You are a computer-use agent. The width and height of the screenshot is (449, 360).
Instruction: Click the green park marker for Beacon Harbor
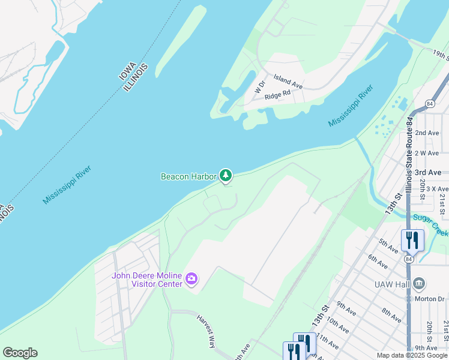[x=225, y=175]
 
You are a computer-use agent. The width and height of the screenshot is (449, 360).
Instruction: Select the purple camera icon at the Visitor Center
[x=191, y=278]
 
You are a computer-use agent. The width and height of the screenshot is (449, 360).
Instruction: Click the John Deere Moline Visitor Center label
[x=146, y=280]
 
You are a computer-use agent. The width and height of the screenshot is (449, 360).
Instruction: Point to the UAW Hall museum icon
[x=420, y=282]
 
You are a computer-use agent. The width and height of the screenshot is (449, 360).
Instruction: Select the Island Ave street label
[x=288, y=82]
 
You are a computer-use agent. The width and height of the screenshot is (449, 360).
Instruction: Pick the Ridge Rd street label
[x=277, y=94]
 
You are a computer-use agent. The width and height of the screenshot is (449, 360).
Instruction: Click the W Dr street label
[x=259, y=88]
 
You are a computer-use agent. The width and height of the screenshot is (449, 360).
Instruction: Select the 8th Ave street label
[x=391, y=316]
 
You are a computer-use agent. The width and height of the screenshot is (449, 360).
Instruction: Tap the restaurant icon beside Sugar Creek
[x=412, y=240]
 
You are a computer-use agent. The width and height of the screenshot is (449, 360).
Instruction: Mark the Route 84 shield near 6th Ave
[x=409, y=259]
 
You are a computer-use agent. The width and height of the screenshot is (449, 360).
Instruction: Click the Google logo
[x=20, y=353]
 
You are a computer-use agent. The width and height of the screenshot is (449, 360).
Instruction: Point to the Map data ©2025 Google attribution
[x=412, y=355]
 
